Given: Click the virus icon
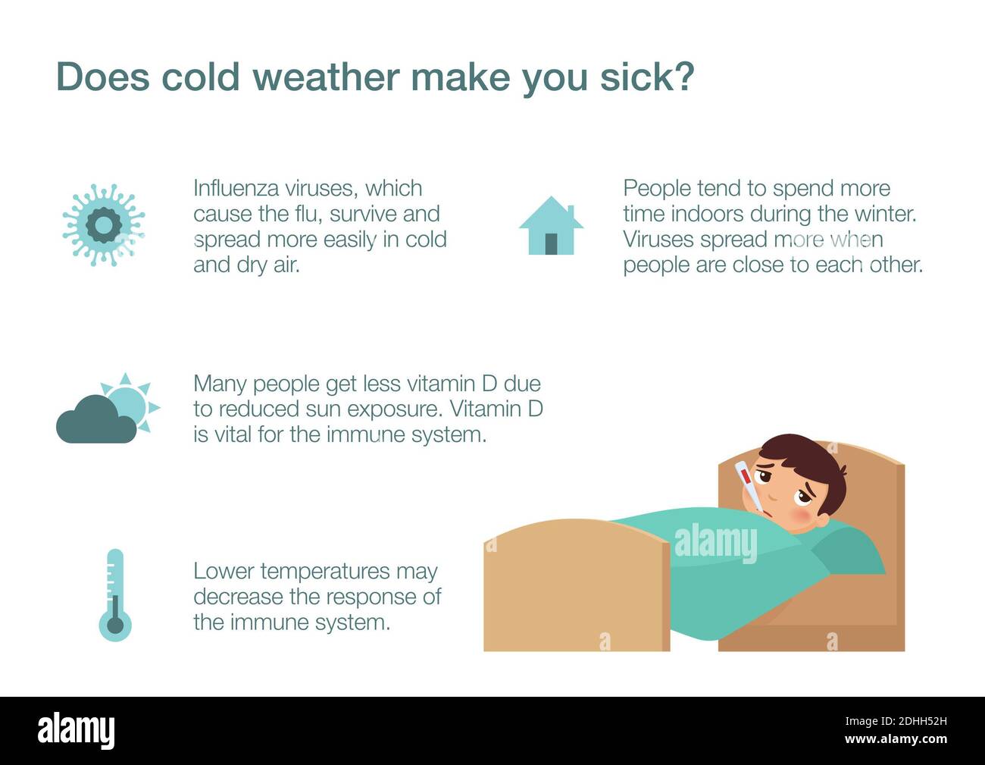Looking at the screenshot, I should [x=103, y=225].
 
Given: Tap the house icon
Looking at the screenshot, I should [x=551, y=226].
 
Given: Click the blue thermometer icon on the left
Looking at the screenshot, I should [x=114, y=595].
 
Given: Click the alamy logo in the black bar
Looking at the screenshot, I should [x=77, y=731].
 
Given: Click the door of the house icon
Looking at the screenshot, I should [x=551, y=243].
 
